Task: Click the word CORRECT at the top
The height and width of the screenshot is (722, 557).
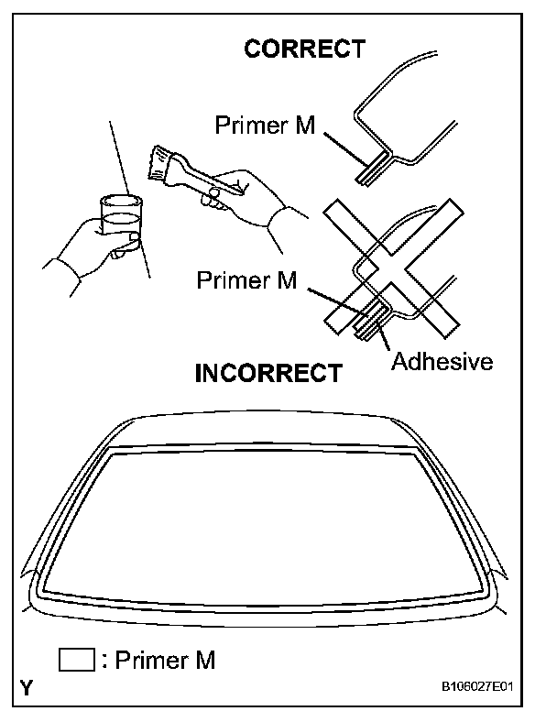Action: point(304,49)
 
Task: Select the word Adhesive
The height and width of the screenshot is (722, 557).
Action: point(442,361)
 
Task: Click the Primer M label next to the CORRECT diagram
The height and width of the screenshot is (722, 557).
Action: point(265,126)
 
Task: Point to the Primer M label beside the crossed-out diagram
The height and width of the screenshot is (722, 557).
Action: point(246,279)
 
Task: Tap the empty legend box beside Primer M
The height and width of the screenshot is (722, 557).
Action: point(76,660)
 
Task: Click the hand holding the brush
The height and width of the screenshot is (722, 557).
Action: point(242,198)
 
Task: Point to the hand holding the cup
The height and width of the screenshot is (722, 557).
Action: point(95,247)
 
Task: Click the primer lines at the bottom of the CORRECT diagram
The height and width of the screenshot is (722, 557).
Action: point(371,171)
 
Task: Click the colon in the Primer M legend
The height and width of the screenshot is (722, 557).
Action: point(105,662)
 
